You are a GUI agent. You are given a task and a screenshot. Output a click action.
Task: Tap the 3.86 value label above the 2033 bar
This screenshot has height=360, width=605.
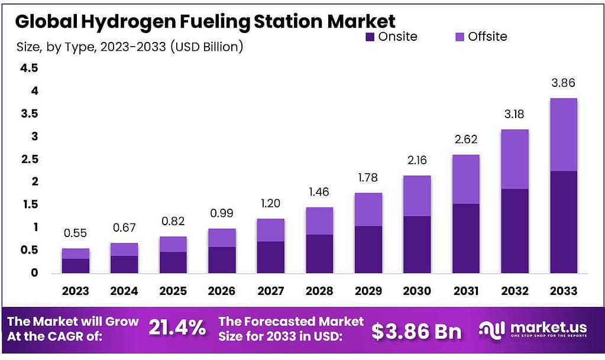pos(563,83)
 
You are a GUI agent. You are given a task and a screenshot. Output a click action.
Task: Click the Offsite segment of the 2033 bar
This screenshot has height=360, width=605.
pos(563,135)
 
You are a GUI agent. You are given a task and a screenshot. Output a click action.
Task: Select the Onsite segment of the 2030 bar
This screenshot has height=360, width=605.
pos(417,244)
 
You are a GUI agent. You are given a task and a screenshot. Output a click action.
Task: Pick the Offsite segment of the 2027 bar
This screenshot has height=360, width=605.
pos(271,230)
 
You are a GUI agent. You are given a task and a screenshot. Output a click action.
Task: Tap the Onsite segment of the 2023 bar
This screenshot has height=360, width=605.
pos(76,265)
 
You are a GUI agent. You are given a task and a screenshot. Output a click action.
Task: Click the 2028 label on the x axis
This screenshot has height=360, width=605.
pos(319,291)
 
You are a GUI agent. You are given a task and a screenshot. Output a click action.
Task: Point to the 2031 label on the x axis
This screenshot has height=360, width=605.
pos(465,291)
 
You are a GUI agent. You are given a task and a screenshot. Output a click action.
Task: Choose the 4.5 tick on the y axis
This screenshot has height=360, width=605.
pos(29,69)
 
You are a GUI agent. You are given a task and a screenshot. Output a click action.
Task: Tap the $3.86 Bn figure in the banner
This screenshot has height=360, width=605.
pos(416,331)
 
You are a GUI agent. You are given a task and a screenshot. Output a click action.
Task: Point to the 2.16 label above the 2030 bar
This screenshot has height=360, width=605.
pos(417,160)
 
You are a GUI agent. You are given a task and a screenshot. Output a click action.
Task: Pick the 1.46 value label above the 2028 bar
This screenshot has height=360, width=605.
pos(319,192)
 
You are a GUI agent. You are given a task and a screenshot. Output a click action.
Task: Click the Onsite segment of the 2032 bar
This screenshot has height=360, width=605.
pos(515,231)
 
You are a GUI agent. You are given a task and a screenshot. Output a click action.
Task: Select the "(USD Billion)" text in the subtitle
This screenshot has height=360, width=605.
pos(206,47)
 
